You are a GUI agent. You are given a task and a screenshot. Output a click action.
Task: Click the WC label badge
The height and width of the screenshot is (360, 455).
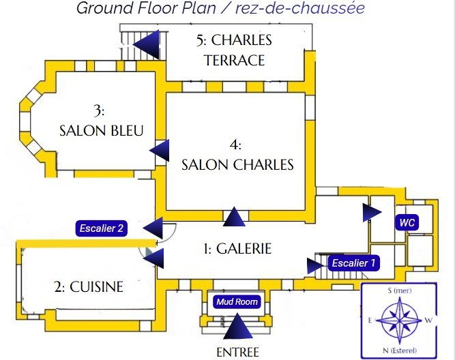(x=407, y=223)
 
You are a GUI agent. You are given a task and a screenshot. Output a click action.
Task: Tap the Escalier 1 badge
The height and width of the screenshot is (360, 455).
(x=353, y=262)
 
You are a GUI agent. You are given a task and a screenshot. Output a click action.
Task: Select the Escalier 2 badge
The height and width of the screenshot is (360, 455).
(x=101, y=228)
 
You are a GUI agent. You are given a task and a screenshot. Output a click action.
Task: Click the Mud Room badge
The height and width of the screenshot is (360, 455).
(x=237, y=302)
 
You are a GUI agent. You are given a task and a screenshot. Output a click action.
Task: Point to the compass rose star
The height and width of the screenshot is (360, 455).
(x=399, y=319)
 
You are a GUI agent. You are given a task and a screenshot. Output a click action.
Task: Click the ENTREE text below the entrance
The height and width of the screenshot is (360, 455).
(x=237, y=352)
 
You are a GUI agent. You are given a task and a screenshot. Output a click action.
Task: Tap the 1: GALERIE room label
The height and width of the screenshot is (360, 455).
(x=238, y=249)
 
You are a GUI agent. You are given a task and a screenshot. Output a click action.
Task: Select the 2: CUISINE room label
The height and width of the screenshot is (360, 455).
(x=89, y=286)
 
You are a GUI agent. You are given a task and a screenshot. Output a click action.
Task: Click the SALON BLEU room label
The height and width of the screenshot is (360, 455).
(x=101, y=130)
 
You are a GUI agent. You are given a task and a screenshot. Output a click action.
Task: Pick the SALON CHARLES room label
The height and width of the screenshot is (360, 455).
(x=237, y=164)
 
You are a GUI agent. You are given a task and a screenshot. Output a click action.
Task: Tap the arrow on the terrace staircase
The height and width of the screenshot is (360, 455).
(x=147, y=44)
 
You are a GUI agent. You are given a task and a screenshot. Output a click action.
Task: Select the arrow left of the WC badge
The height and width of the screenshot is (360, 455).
(x=371, y=213)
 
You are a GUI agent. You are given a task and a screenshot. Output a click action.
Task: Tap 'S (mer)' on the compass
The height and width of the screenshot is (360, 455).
(x=398, y=290)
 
